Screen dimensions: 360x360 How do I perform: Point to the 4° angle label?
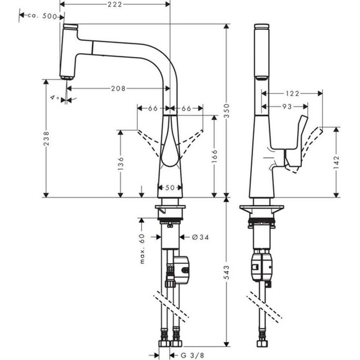pyautogui.click(x=56, y=97)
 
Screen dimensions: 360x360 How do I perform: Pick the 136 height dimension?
pyautogui.click(x=122, y=163)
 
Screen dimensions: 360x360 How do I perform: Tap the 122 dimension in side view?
pyautogui.click(x=292, y=94)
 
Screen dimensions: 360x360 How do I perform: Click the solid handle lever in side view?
pyautogui.click(x=295, y=142)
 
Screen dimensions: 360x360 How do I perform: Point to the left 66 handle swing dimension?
pyautogui.click(x=153, y=108)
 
